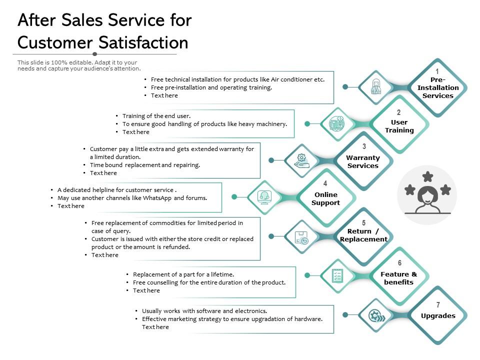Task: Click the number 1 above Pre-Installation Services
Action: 437,71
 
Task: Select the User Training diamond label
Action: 399,126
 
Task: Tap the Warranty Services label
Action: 363,161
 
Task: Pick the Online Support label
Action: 325,198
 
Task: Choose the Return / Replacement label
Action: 363,235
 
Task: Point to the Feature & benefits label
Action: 398,278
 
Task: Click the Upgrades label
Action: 438,315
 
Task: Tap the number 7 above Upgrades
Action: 438,304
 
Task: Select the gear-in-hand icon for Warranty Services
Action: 301,160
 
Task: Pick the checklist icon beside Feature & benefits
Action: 337,274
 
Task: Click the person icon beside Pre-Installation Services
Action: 376,87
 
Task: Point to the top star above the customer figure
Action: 427,176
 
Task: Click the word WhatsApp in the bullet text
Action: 158,197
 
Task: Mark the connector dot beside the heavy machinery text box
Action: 307,123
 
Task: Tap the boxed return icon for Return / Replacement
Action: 301,237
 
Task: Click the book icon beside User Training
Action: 337,123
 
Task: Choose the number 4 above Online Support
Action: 325,183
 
